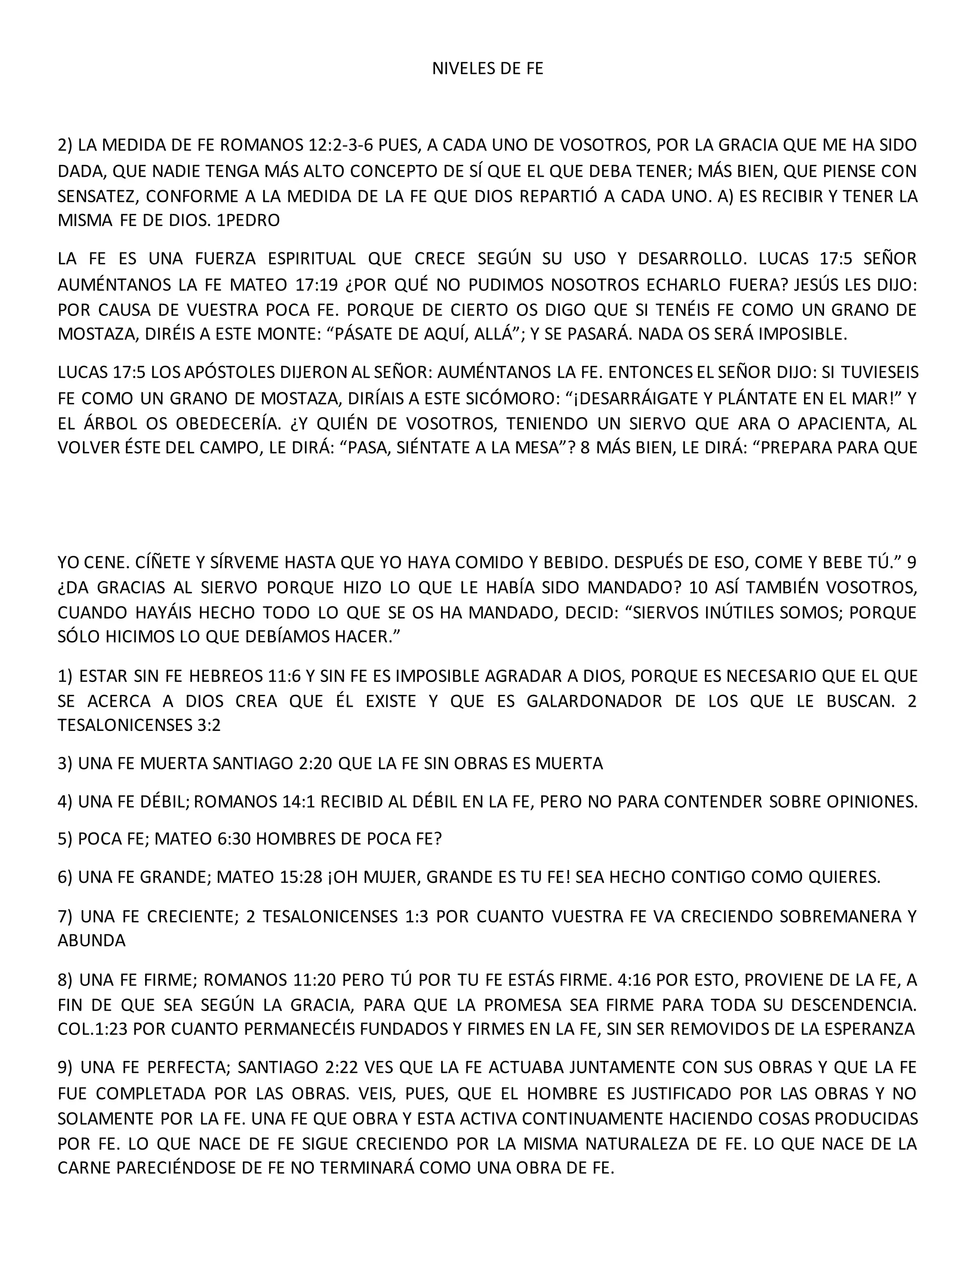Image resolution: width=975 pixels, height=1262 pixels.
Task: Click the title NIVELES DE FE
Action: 487,69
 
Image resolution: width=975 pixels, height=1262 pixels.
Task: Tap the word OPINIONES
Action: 872,801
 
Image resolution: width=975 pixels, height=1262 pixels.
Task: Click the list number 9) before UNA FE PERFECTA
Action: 65,1067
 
